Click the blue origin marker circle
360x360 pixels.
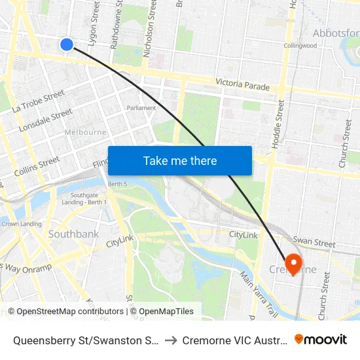66,45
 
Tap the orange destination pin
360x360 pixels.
294,263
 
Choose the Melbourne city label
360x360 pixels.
85,132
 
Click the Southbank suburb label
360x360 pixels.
73,234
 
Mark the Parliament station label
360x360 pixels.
141,108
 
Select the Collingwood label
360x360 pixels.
300,46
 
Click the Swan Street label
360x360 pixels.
314,242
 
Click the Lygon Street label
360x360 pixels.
96,23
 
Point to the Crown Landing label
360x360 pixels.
22,224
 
